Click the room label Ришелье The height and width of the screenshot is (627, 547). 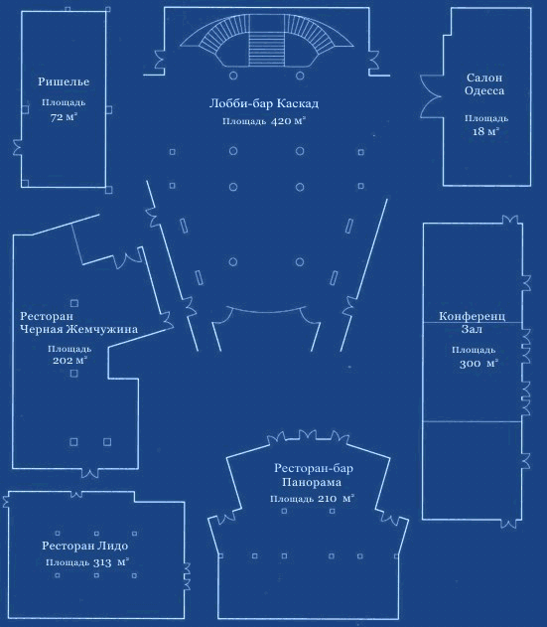point(64,81)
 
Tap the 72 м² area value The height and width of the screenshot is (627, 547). point(64,117)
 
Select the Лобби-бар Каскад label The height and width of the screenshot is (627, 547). point(264,103)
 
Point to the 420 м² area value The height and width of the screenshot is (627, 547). point(289,121)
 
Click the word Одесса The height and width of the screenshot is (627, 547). point(484,90)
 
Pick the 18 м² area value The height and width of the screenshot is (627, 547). point(485,131)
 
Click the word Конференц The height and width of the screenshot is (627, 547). point(473,316)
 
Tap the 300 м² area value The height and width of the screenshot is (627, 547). point(479,364)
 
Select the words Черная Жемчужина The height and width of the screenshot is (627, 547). point(78,329)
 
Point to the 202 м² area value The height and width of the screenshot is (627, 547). point(69,361)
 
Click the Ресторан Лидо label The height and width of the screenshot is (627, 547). point(85,546)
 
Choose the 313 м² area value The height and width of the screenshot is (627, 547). point(110,562)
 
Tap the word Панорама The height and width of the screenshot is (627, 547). point(312,482)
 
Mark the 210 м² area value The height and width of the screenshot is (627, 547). point(336,499)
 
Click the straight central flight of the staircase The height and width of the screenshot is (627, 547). point(267,41)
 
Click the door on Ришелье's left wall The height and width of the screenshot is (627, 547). point(17,147)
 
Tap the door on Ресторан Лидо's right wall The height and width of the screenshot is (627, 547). point(186,576)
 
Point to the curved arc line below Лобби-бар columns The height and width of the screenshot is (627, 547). point(266,311)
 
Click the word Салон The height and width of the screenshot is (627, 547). point(484,78)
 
